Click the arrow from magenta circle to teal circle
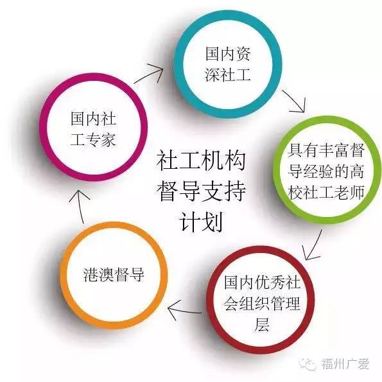(148, 73)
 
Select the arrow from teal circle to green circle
(293, 101)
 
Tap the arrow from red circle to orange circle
(185, 310)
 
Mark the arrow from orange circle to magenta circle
(80, 207)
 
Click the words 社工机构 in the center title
(201, 161)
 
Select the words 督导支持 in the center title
(201, 191)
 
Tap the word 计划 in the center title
(201, 222)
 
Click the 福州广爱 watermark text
(345, 364)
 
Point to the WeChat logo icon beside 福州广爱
(308, 364)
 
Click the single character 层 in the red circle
(262, 324)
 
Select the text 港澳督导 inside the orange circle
(114, 275)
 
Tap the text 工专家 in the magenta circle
(93, 140)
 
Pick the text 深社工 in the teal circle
(228, 74)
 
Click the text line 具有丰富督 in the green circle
(326, 151)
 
